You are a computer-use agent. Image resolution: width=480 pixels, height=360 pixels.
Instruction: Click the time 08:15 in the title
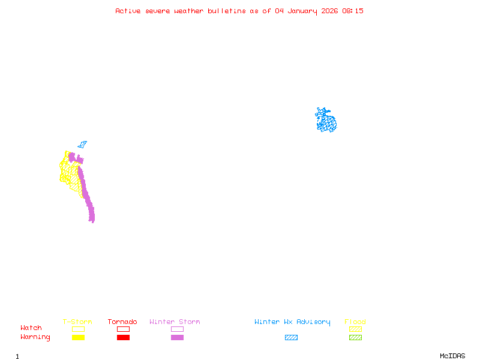[353, 11]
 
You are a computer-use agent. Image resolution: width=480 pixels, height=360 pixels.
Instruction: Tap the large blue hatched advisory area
[326, 122]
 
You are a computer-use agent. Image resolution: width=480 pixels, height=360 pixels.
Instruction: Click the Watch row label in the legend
[31, 328]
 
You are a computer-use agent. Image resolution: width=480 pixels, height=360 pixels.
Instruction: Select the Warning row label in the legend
[35, 337]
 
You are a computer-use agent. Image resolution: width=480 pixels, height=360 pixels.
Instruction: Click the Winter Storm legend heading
[175, 322]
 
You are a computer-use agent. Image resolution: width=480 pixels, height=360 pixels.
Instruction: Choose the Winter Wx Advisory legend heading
[292, 322]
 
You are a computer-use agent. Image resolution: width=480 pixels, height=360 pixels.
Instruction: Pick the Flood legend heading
[355, 322]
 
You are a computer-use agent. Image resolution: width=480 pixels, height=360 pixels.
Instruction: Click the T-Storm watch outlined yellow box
[78, 329]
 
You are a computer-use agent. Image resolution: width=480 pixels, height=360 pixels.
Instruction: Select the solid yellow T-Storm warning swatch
[78, 338]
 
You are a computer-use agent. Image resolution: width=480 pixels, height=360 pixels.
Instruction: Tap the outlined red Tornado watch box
[123, 329]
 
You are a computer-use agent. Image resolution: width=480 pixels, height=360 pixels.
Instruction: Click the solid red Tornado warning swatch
[123, 338]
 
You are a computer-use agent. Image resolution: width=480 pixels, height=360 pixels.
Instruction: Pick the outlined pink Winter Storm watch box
[177, 329]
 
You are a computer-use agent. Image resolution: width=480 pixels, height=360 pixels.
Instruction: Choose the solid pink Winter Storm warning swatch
[177, 338]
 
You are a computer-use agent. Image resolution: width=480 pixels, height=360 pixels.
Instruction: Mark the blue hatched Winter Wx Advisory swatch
[291, 338]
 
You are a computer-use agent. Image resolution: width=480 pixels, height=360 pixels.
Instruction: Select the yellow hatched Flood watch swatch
[355, 329]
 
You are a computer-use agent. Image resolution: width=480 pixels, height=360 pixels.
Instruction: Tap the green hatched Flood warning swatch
[355, 338]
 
